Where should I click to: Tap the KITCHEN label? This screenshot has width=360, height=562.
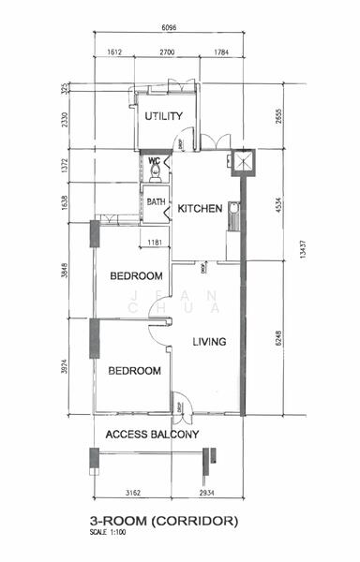click(x=200, y=209)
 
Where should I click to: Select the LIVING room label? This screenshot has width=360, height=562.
click(x=210, y=342)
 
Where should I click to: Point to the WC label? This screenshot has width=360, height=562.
click(x=154, y=161)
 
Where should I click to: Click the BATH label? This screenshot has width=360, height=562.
click(x=156, y=200)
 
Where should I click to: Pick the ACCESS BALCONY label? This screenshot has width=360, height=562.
click(x=151, y=435)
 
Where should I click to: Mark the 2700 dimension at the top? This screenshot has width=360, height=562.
click(x=169, y=53)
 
